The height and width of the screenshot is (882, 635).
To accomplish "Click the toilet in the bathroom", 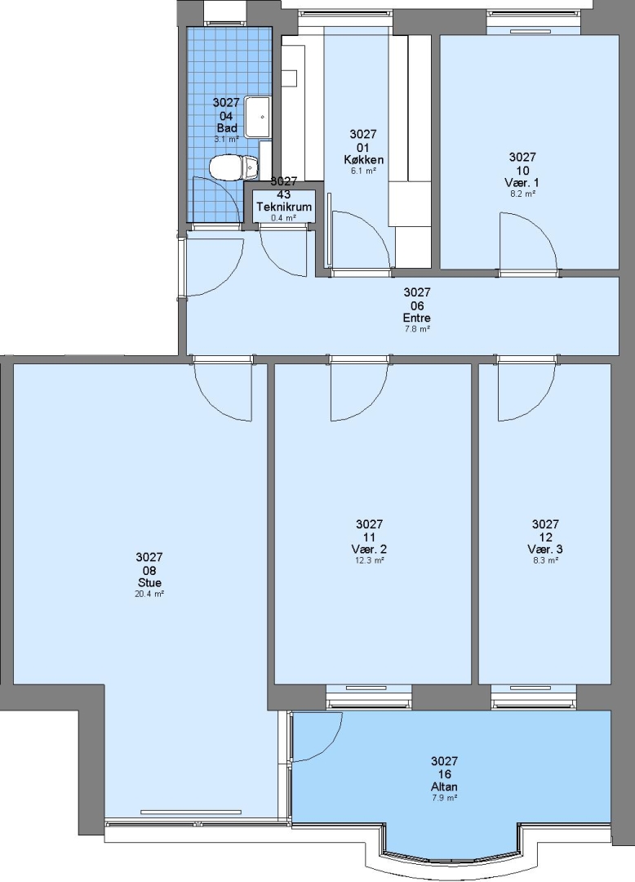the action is click(x=233, y=167).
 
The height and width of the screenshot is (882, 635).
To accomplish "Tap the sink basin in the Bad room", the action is click(x=258, y=117).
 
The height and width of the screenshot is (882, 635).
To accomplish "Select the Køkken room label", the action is click(x=363, y=160).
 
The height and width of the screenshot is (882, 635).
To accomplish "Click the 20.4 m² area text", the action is click(x=149, y=594).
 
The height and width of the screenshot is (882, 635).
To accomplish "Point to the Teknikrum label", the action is click(x=284, y=207).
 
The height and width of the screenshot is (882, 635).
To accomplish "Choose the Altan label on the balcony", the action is click(x=444, y=786).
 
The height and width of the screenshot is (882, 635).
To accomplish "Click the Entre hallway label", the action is click(x=417, y=318).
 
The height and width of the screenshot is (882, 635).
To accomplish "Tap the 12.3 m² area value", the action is click(x=369, y=561).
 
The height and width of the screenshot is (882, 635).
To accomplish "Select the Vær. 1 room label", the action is click(x=522, y=183).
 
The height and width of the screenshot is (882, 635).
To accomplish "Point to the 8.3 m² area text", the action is click(x=545, y=561).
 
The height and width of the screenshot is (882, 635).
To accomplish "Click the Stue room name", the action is click(x=149, y=583).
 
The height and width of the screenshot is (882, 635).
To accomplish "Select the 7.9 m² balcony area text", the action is click(x=444, y=798).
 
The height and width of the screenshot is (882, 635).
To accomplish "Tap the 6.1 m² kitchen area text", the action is click(x=363, y=171).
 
